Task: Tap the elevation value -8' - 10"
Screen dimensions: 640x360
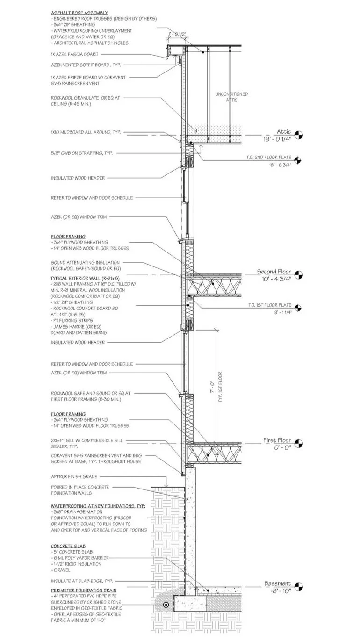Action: click(x=277, y=590)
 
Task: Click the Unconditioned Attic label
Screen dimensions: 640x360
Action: click(x=231, y=97)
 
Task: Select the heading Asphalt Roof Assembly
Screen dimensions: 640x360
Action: click(x=79, y=13)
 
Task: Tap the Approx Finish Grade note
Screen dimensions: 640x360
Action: click(x=73, y=477)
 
